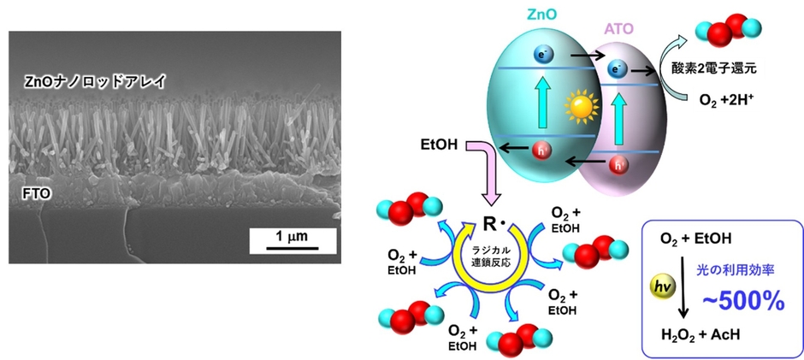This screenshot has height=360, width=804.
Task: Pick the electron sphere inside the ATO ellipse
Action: [614, 68]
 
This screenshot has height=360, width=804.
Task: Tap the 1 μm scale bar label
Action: [293, 236]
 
